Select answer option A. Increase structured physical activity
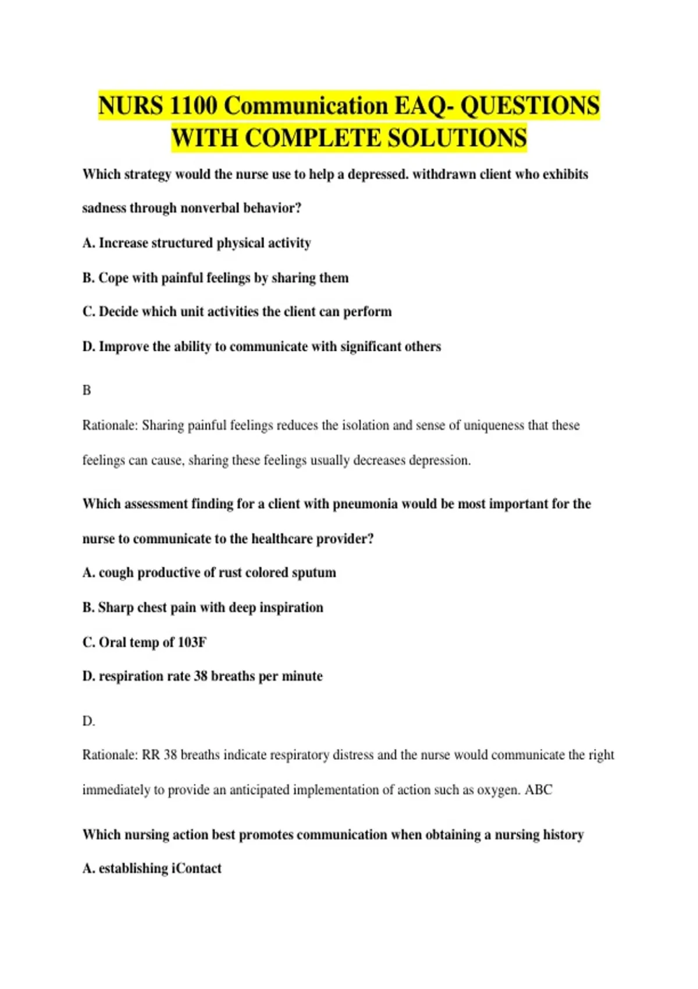point(197,243)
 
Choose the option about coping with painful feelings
point(215,278)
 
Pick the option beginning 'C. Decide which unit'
point(237,312)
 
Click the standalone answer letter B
point(87,390)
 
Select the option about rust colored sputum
point(209,572)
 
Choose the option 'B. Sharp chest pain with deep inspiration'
point(202,607)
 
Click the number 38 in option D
point(201,676)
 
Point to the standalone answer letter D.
point(88,721)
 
